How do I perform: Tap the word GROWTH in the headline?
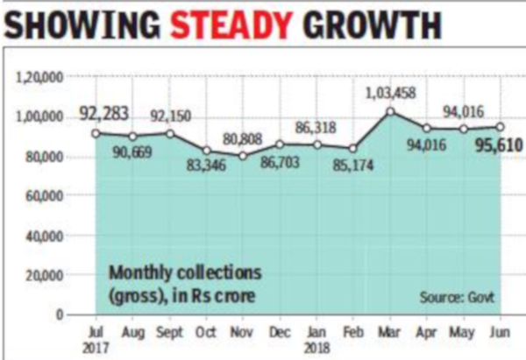click(x=378, y=24)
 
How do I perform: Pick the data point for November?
click(x=242, y=156)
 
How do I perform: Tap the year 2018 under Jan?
click(x=316, y=346)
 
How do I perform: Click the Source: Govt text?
click(x=455, y=298)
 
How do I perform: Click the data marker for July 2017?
click(x=96, y=133)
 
